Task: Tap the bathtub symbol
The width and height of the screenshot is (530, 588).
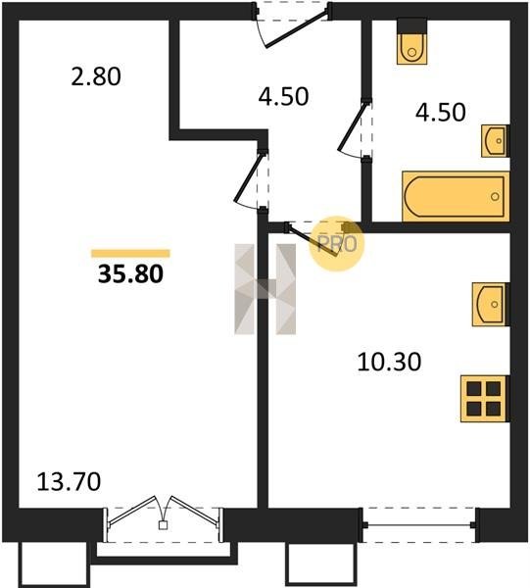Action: pos(456,196)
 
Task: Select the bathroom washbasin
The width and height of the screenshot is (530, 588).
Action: pos(495,140)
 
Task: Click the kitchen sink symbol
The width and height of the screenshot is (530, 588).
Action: pos(490,304)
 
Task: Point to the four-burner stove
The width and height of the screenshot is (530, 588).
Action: pos(485,399)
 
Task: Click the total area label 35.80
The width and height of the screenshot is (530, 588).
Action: pos(131,273)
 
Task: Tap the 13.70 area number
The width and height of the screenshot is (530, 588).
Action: pos(69,481)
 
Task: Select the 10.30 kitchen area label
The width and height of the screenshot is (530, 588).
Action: pos(389,362)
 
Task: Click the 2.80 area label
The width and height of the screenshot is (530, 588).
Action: pos(96,76)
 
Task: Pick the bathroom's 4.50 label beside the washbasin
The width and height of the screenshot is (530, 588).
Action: pos(441,112)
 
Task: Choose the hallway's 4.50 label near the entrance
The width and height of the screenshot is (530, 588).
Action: pos(283,96)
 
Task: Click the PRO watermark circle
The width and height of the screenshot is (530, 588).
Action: pos(337,244)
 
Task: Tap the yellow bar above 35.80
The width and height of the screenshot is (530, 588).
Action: pos(130,254)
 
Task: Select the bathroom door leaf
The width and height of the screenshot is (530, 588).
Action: pos(352,126)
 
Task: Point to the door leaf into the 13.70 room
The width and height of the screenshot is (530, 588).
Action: pos(248,177)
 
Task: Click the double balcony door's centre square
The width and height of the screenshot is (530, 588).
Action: pos(163,525)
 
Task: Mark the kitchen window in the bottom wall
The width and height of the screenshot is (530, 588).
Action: pos(419,525)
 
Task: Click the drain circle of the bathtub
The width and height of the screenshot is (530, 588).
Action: pos(495,196)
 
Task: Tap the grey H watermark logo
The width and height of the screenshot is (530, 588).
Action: pos(265,289)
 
